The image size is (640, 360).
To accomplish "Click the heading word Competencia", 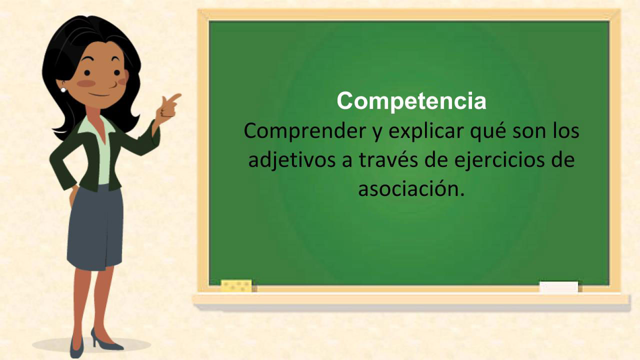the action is tap(411, 100).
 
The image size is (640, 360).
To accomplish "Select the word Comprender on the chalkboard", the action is tap(305, 131).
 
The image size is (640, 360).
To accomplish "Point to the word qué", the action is tap(488, 131).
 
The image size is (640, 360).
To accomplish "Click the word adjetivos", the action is tap(291, 160).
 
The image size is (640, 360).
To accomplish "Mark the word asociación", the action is tap(411, 188).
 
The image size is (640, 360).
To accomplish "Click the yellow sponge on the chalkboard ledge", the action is tap(236, 285).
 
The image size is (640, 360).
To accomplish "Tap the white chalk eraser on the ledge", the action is tap(558, 287).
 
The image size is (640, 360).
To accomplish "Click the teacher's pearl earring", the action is tap(63, 90).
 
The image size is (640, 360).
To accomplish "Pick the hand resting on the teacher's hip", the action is tap(73, 195).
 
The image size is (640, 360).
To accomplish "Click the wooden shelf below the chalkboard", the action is tap(411, 299).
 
